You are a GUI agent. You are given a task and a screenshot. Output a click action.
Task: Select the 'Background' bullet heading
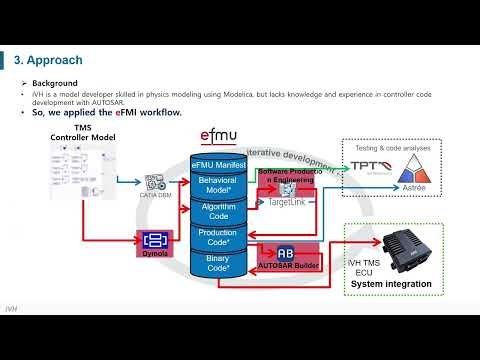pos(55,83)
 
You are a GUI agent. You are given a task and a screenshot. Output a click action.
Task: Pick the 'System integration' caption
pos(391,284)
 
